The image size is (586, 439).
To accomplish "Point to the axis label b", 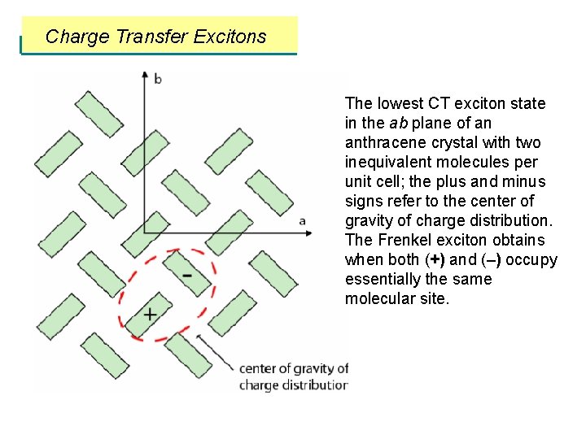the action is click(158, 79).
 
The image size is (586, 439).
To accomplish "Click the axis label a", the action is click(303, 220).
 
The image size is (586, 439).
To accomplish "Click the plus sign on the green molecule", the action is click(150, 314).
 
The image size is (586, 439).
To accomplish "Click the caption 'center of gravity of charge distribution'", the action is click(293, 377).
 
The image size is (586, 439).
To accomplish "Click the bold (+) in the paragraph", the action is click(435, 260).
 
